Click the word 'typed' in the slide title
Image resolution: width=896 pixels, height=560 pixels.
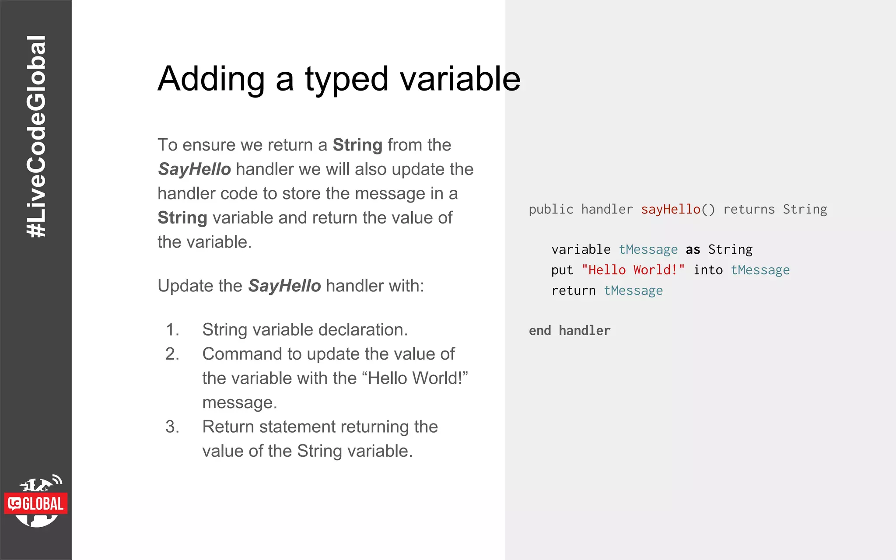[x=346, y=79]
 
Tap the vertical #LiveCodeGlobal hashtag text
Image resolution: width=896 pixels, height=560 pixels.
[x=36, y=136]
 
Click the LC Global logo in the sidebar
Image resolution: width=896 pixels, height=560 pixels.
[x=36, y=502]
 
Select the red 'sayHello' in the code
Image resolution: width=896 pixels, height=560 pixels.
[x=670, y=210]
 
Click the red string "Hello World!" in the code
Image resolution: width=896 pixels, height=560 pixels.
[x=633, y=270]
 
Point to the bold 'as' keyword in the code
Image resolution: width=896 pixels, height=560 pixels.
[x=693, y=249]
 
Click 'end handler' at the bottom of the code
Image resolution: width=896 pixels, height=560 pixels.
[x=569, y=331]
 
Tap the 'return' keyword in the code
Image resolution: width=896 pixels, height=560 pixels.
[x=573, y=290]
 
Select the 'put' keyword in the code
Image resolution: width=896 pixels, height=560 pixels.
[x=562, y=270]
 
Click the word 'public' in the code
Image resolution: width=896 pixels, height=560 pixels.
[x=550, y=210]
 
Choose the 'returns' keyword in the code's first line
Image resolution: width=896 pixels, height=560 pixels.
[x=749, y=210]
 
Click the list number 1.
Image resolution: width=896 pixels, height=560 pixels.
[x=172, y=329]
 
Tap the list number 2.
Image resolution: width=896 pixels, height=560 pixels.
[x=172, y=354]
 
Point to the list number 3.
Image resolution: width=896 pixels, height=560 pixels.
[x=172, y=427]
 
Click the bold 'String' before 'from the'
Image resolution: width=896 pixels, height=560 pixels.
[x=357, y=145]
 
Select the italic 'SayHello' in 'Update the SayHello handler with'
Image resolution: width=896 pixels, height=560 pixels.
[x=284, y=286]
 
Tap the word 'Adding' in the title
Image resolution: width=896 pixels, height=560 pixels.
[x=211, y=79]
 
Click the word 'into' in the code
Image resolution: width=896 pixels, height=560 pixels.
[x=707, y=270]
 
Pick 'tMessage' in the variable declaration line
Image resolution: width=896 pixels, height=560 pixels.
[x=648, y=249]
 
